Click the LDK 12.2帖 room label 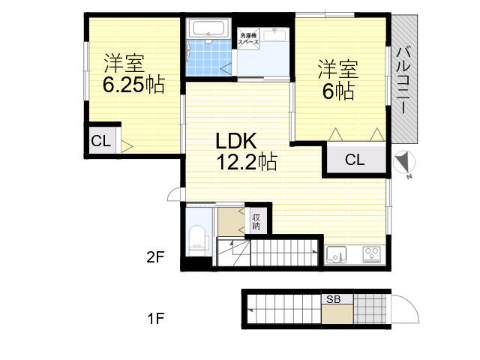247,151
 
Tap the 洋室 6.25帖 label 133,73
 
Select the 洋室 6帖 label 338,80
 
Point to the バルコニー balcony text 403,79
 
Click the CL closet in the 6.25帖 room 101,141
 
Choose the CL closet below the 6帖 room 355,160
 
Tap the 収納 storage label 256,222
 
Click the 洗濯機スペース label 248,39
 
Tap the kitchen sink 336,255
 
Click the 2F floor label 155,257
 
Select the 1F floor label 155,318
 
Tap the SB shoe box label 333,299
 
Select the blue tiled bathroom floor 210,58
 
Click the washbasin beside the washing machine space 274,35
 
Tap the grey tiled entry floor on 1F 370,309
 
